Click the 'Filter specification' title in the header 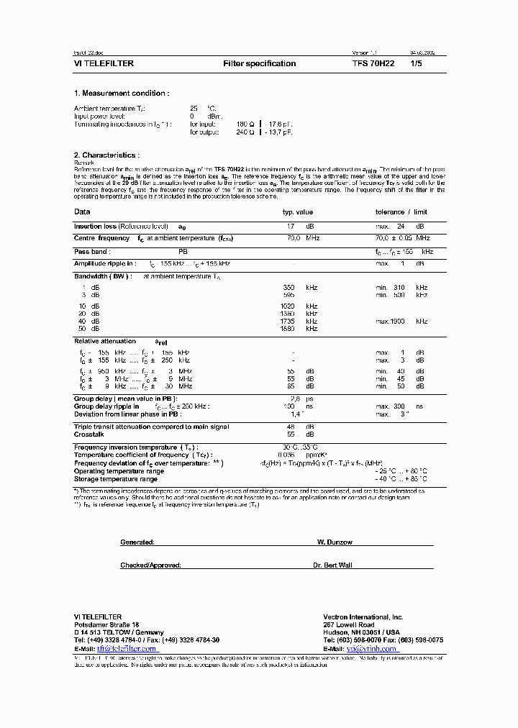259,63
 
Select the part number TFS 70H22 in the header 373,63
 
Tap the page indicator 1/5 417,63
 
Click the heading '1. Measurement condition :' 122,94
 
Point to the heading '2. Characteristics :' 106,155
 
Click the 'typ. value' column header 297,212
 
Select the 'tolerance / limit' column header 401,212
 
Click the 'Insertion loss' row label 96,226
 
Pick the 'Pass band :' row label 91,252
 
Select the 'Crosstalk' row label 88,434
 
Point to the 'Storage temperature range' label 116,479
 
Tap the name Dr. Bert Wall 333,565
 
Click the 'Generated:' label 137,542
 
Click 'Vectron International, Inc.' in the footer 363,617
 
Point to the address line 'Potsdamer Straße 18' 106,625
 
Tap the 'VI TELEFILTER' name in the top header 104,63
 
